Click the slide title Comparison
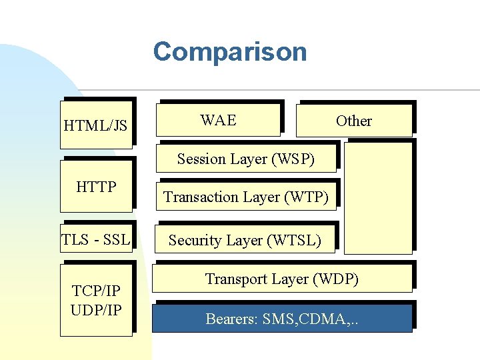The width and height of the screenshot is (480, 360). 229,52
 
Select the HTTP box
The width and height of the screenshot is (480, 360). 96,187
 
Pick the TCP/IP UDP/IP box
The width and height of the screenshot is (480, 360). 96,301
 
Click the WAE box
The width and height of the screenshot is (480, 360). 219,120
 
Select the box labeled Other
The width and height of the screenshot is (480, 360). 353,121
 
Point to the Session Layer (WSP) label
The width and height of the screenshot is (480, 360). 246,159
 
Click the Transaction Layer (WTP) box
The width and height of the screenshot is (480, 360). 246,197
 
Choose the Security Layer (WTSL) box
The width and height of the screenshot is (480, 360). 245,240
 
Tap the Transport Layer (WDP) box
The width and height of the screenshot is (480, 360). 281,279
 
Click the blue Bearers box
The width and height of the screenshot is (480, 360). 281,319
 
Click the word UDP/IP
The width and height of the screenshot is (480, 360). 96,310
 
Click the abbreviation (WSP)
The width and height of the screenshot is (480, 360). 292,159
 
